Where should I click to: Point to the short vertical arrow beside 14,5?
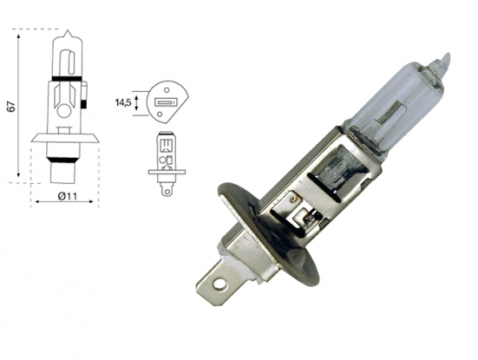(139, 104)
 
